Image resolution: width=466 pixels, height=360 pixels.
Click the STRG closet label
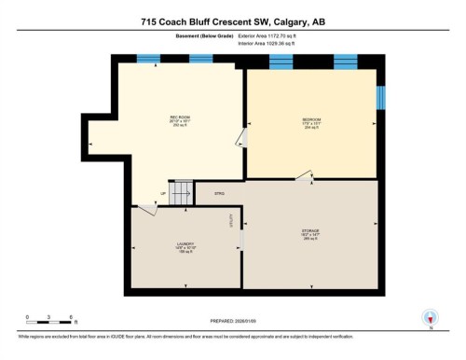click(x=221, y=194)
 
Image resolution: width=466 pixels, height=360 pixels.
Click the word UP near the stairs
click(x=163, y=194)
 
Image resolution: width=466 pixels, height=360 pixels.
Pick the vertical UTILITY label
click(x=232, y=222)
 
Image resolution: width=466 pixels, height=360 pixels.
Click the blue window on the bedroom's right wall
click(x=380, y=98)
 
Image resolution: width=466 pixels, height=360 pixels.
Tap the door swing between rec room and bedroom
click(x=240, y=140)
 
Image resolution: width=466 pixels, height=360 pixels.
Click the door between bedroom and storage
click(x=304, y=176)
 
